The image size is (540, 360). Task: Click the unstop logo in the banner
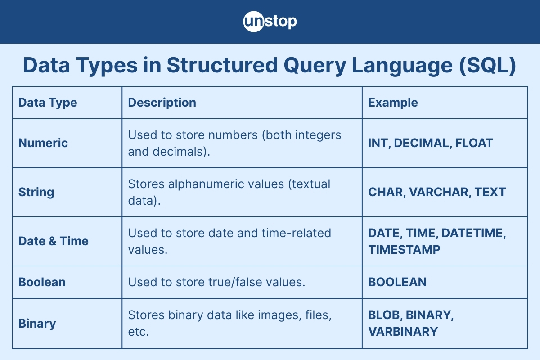[270, 22]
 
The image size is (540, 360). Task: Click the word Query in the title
[315, 66]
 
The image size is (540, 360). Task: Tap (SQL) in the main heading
[487, 65]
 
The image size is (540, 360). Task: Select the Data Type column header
[48, 103]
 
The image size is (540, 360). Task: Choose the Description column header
[162, 103]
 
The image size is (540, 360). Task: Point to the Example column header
[393, 103]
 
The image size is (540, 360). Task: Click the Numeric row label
[43, 143]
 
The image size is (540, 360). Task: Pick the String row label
[36, 192]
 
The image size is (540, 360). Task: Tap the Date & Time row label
[54, 241]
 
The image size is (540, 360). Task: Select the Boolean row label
[42, 282]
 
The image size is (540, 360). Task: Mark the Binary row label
[37, 324]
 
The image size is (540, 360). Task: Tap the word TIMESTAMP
[404, 250]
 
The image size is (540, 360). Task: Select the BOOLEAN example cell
[397, 282]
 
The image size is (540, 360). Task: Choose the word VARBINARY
[403, 332]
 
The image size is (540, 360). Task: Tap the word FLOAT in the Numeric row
[474, 143]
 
